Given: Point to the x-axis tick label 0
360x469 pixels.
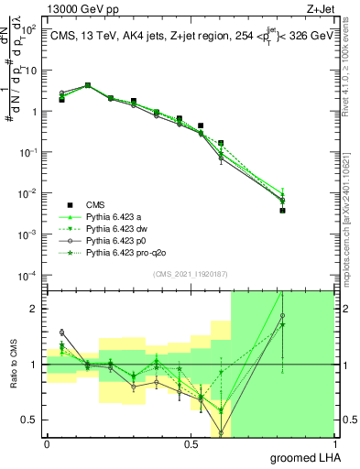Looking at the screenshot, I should tap(47, 443).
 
